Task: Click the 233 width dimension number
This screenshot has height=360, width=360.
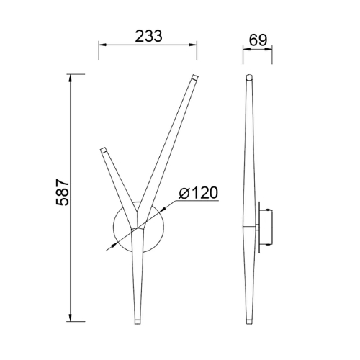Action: pyautogui.click(x=149, y=36)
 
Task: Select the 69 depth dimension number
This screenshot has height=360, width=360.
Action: pyautogui.click(x=258, y=40)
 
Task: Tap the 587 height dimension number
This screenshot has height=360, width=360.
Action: pyautogui.click(x=63, y=192)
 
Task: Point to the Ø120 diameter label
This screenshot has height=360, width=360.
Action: pyautogui.click(x=198, y=193)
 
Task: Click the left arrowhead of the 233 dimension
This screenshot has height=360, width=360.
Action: pyautogui.click(x=102, y=45)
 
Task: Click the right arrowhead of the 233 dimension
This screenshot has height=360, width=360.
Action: pyautogui.click(x=193, y=45)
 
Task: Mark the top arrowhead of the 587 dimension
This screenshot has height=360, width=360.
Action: pyautogui.click(x=71, y=78)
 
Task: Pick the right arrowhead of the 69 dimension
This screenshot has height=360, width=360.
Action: pyautogui.click(x=269, y=49)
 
